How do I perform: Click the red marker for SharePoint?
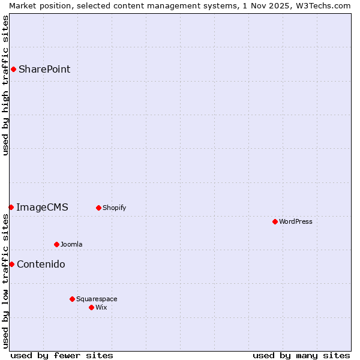coord(13,69)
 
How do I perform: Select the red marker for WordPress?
coord(275,221)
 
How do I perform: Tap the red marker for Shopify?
coord(98,208)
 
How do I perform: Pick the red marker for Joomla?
coord(56,244)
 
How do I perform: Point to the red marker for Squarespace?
coord(72,299)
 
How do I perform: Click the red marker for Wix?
coord(91,307)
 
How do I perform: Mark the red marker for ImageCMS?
coord(11,207)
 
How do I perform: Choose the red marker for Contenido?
coord(11,264)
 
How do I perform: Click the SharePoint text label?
coord(44,69)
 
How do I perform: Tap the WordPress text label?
coord(296,221)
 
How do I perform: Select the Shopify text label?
coord(114,208)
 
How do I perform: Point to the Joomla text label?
coord(71,244)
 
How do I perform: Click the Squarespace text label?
coord(97,299)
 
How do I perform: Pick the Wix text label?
coord(101,307)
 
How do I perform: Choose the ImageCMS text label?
coord(42,207)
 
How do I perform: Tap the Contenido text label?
coord(41,264)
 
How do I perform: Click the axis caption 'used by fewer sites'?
coord(62,355)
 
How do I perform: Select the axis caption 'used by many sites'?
coord(301,355)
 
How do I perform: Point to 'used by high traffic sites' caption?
coord(5,85)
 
